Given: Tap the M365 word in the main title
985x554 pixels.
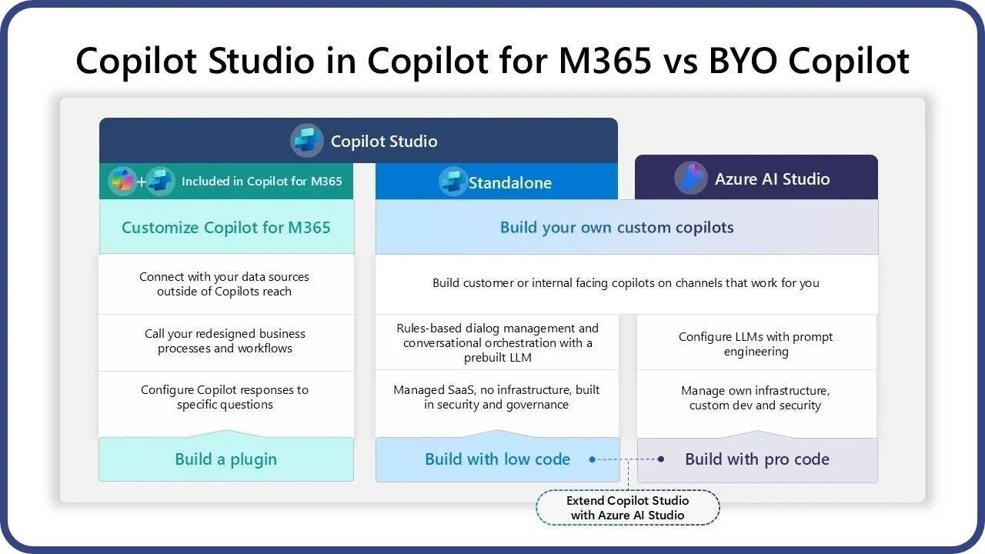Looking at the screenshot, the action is pyautogui.click(x=605, y=61).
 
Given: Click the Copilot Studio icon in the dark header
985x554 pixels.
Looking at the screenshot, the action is pyautogui.click(x=306, y=141).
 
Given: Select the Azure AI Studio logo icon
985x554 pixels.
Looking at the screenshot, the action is pyautogui.click(x=691, y=178).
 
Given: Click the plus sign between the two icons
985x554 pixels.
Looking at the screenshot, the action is pyautogui.click(x=141, y=181).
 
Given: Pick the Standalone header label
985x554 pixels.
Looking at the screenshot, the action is pyautogui.click(x=509, y=182).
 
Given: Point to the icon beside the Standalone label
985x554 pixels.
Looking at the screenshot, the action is pyautogui.click(x=452, y=181).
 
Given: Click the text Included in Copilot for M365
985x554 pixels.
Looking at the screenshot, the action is pyautogui.click(x=262, y=181).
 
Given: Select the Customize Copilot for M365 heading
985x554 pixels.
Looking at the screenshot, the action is pyautogui.click(x=226, y=227).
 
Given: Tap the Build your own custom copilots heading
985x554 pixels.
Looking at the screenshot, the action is pyautogui.click(x=617, y=227).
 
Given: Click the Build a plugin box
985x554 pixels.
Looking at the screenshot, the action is pyautogui.click(x=226, y=459).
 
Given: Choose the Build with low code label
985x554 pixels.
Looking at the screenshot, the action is pyautogui.click(x=497, y=459).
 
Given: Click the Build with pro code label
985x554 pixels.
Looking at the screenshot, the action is pyautogui.click(x=757, y=459).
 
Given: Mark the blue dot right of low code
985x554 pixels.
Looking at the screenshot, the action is pyautogui.click(x=593, y=459).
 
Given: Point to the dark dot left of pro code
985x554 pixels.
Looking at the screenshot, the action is pyautogui.click(x=660, y=459).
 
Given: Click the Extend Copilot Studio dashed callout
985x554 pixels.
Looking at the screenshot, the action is pyautogui.click(x=627, y=507).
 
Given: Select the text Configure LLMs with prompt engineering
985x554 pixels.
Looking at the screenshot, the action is pyautogui.click(x=756, y=344).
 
